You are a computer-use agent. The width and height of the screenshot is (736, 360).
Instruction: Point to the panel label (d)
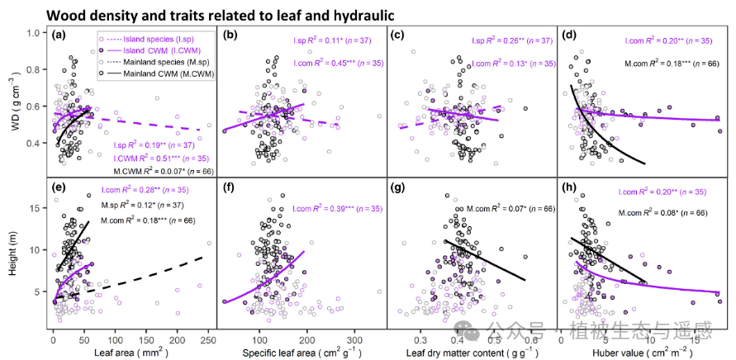pos(569,35)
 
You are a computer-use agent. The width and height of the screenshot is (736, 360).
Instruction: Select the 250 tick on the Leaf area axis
pos(207,339)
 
